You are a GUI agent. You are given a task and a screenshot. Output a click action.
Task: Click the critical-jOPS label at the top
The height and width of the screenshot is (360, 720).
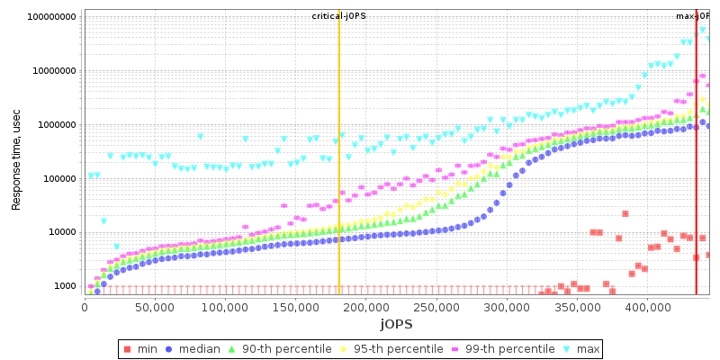[x=338, y=16]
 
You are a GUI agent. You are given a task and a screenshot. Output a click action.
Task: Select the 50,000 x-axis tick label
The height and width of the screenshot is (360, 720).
[x=155, y=307]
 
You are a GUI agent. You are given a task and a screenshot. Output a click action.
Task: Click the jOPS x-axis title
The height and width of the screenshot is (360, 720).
[x=396, y=323]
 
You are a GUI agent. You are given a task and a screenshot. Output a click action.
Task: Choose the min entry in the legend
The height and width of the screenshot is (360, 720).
[x=145, y=349]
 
